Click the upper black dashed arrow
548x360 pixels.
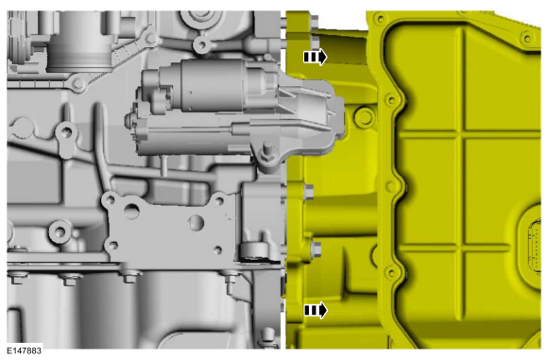(x=315, y=57)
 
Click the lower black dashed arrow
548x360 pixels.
(x=316, y=310)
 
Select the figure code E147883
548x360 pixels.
(x=25, y=351)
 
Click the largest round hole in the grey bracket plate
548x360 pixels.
(x=131, y=212)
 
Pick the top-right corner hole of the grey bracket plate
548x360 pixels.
(x=219, y=201)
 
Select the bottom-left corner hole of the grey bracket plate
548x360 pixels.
(x=112, y=245)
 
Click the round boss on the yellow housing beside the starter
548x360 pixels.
(x=365, y=117)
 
